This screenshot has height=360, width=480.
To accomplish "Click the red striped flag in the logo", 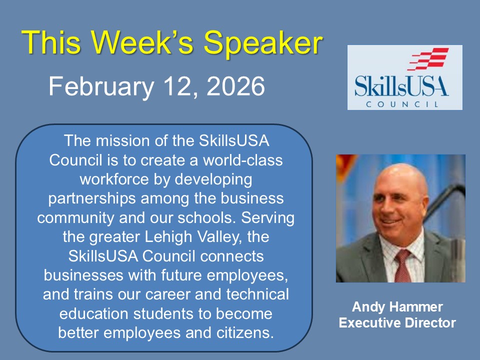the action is pos(428,59).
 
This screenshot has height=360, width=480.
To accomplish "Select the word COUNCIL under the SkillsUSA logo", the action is pos(402,104).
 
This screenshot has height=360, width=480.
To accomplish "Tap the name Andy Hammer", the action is pos(397,306).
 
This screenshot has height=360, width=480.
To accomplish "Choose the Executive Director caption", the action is pos(397,323).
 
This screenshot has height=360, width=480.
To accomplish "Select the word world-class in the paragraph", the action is pos(243,160).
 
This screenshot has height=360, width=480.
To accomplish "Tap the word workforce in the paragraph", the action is pos(114,179).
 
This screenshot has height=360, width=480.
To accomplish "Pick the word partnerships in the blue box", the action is pos(92,199).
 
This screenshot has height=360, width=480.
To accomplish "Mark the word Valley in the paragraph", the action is pos(220,237).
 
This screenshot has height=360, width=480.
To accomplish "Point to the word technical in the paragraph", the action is pos(257,294).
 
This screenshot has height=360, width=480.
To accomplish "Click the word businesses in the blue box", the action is pos(83,275).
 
